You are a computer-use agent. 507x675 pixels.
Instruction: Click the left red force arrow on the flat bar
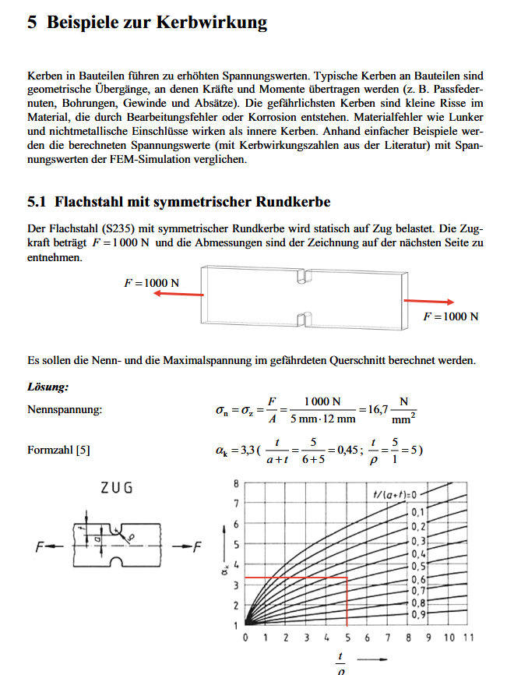tap(177, 294)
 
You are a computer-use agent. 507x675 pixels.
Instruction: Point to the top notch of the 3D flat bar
tap(305, 274)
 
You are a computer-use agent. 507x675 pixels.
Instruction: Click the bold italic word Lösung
tap(48, 387)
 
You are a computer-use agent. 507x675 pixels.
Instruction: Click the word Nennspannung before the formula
tap(65, 409)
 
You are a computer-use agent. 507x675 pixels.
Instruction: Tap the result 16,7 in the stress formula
tap(373, 409)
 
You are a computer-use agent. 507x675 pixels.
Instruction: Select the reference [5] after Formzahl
tap(82, 451)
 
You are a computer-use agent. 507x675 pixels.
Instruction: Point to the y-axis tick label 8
tap(237, 484)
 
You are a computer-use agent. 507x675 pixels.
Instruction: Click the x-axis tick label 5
tap(347, 639)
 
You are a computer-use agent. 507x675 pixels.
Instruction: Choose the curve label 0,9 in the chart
tap(419, 615)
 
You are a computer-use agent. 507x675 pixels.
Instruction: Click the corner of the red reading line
tap(347, 578)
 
